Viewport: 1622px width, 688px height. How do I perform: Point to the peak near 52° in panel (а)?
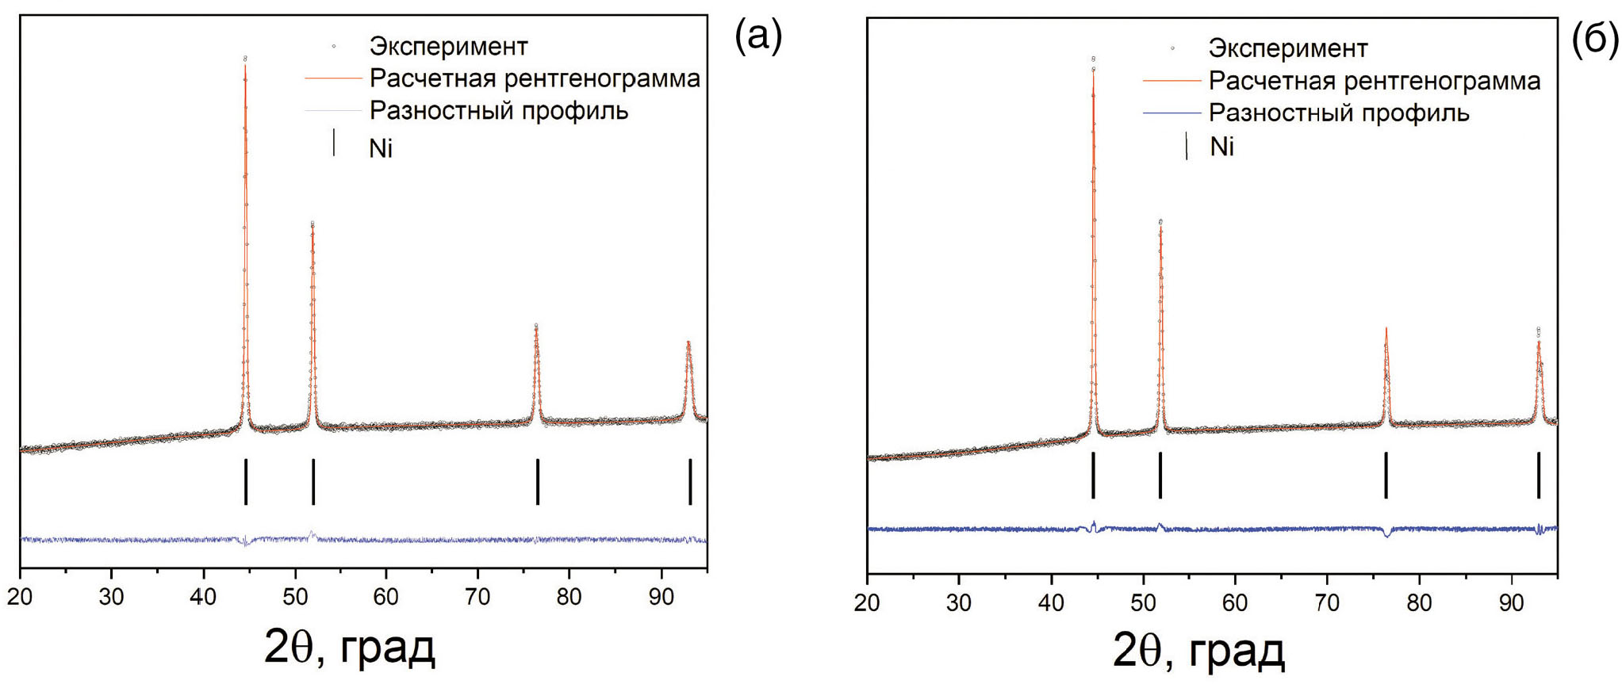click(313, 226)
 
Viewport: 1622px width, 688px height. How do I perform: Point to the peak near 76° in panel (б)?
click(1386, 329)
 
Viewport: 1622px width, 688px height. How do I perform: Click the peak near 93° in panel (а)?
click(688, 343)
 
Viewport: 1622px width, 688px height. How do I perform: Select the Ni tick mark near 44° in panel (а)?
click(246, 481)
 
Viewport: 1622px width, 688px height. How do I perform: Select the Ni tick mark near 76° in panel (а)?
click(538, 481)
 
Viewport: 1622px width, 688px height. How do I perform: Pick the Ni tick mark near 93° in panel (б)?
click(1538, 475)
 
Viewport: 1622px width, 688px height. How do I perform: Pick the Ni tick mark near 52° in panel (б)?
click(1160, 475)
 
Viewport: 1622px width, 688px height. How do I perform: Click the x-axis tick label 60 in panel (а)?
click(386, 597)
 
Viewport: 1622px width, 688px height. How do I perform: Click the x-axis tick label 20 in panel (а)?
click(21, 597)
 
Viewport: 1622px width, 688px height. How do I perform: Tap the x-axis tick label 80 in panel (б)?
click(1419, 603)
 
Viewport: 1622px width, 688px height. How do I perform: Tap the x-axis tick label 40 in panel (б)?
click(1051, 603)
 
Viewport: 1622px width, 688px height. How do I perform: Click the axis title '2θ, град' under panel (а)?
click(349, 648)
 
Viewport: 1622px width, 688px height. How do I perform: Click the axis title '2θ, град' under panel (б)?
click(1198, 652)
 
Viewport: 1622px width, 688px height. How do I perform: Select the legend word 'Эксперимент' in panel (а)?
click(448, 47)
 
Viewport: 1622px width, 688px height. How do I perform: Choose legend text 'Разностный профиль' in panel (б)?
click(1339, 113)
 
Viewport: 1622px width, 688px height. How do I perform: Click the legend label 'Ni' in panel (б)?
click(1221, 147)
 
